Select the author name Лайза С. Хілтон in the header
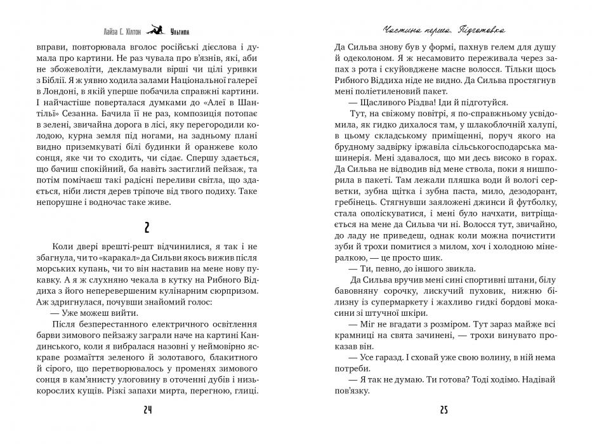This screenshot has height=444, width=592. pyautogui.click(x=120, y=30)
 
